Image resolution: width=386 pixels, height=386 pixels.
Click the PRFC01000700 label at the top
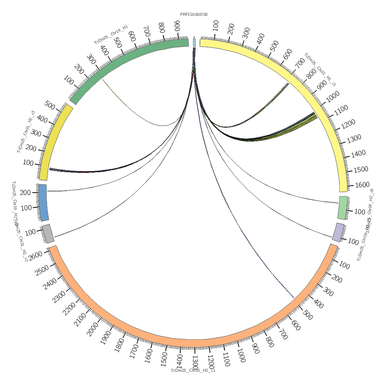[194, 15]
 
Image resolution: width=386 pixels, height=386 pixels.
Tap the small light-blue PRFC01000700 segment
[194, 42]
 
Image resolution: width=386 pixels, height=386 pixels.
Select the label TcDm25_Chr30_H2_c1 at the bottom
[193, 371]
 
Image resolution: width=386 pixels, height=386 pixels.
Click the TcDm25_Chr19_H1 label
[111, 35]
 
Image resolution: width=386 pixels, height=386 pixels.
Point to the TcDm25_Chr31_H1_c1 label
[320, 69]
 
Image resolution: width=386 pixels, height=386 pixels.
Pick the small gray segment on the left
[48, 234]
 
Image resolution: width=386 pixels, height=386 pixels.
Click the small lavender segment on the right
[339, 232]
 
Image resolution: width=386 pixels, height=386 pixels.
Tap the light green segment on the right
[343, 208]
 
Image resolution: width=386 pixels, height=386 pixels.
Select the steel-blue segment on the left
[43, 202]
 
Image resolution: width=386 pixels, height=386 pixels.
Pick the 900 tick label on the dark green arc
[177, 27]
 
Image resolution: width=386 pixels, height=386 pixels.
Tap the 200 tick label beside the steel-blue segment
[25, 193]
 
